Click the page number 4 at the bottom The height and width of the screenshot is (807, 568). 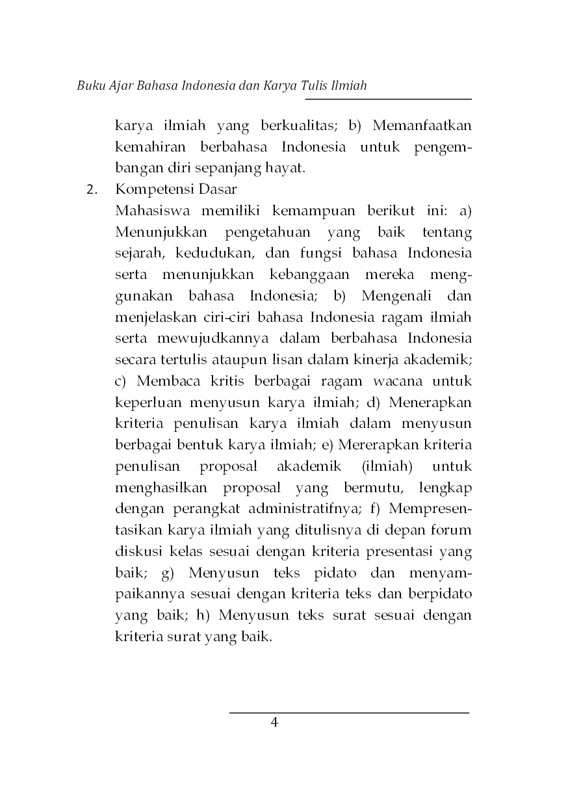pos(274,723)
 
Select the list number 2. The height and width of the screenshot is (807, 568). pos(92,191)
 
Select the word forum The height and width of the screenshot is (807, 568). pos(453,530)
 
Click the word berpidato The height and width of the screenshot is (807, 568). pos(439,594)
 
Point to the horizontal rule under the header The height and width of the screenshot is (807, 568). pos(388,99)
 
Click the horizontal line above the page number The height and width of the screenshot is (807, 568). pos(349,713)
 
